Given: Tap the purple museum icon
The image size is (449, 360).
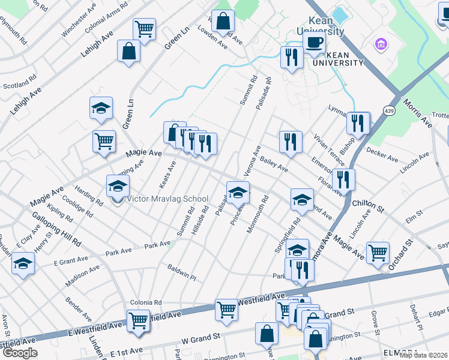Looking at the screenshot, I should (x=379, y=44).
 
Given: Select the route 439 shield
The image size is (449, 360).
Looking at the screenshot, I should (x=390, y=111).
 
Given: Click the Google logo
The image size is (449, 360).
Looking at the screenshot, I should (x=20, y=353).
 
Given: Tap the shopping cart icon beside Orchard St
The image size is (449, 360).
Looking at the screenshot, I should (x=378, y=252).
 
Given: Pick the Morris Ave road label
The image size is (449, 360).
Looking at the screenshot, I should (x=417, y=113).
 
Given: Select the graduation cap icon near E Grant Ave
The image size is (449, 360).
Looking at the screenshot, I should (x=23, y=263).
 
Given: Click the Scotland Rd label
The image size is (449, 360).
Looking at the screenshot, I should (x=16, y=86).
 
